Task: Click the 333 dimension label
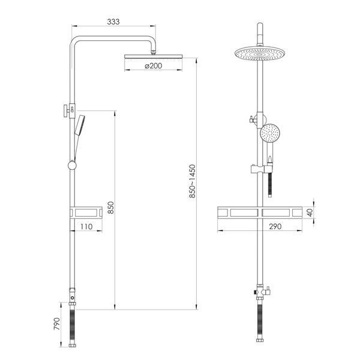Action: (113, 22)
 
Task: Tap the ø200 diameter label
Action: (154, 66)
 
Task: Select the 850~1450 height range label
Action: (193, 181)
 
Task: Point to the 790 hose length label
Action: (57, 324)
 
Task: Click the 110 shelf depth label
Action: (86, 227)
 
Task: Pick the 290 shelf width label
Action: (275, 227)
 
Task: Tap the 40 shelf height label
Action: (310, 212)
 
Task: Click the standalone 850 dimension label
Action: (110, 208)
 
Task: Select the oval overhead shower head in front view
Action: (260, 53)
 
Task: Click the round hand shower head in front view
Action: (270, 133)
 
